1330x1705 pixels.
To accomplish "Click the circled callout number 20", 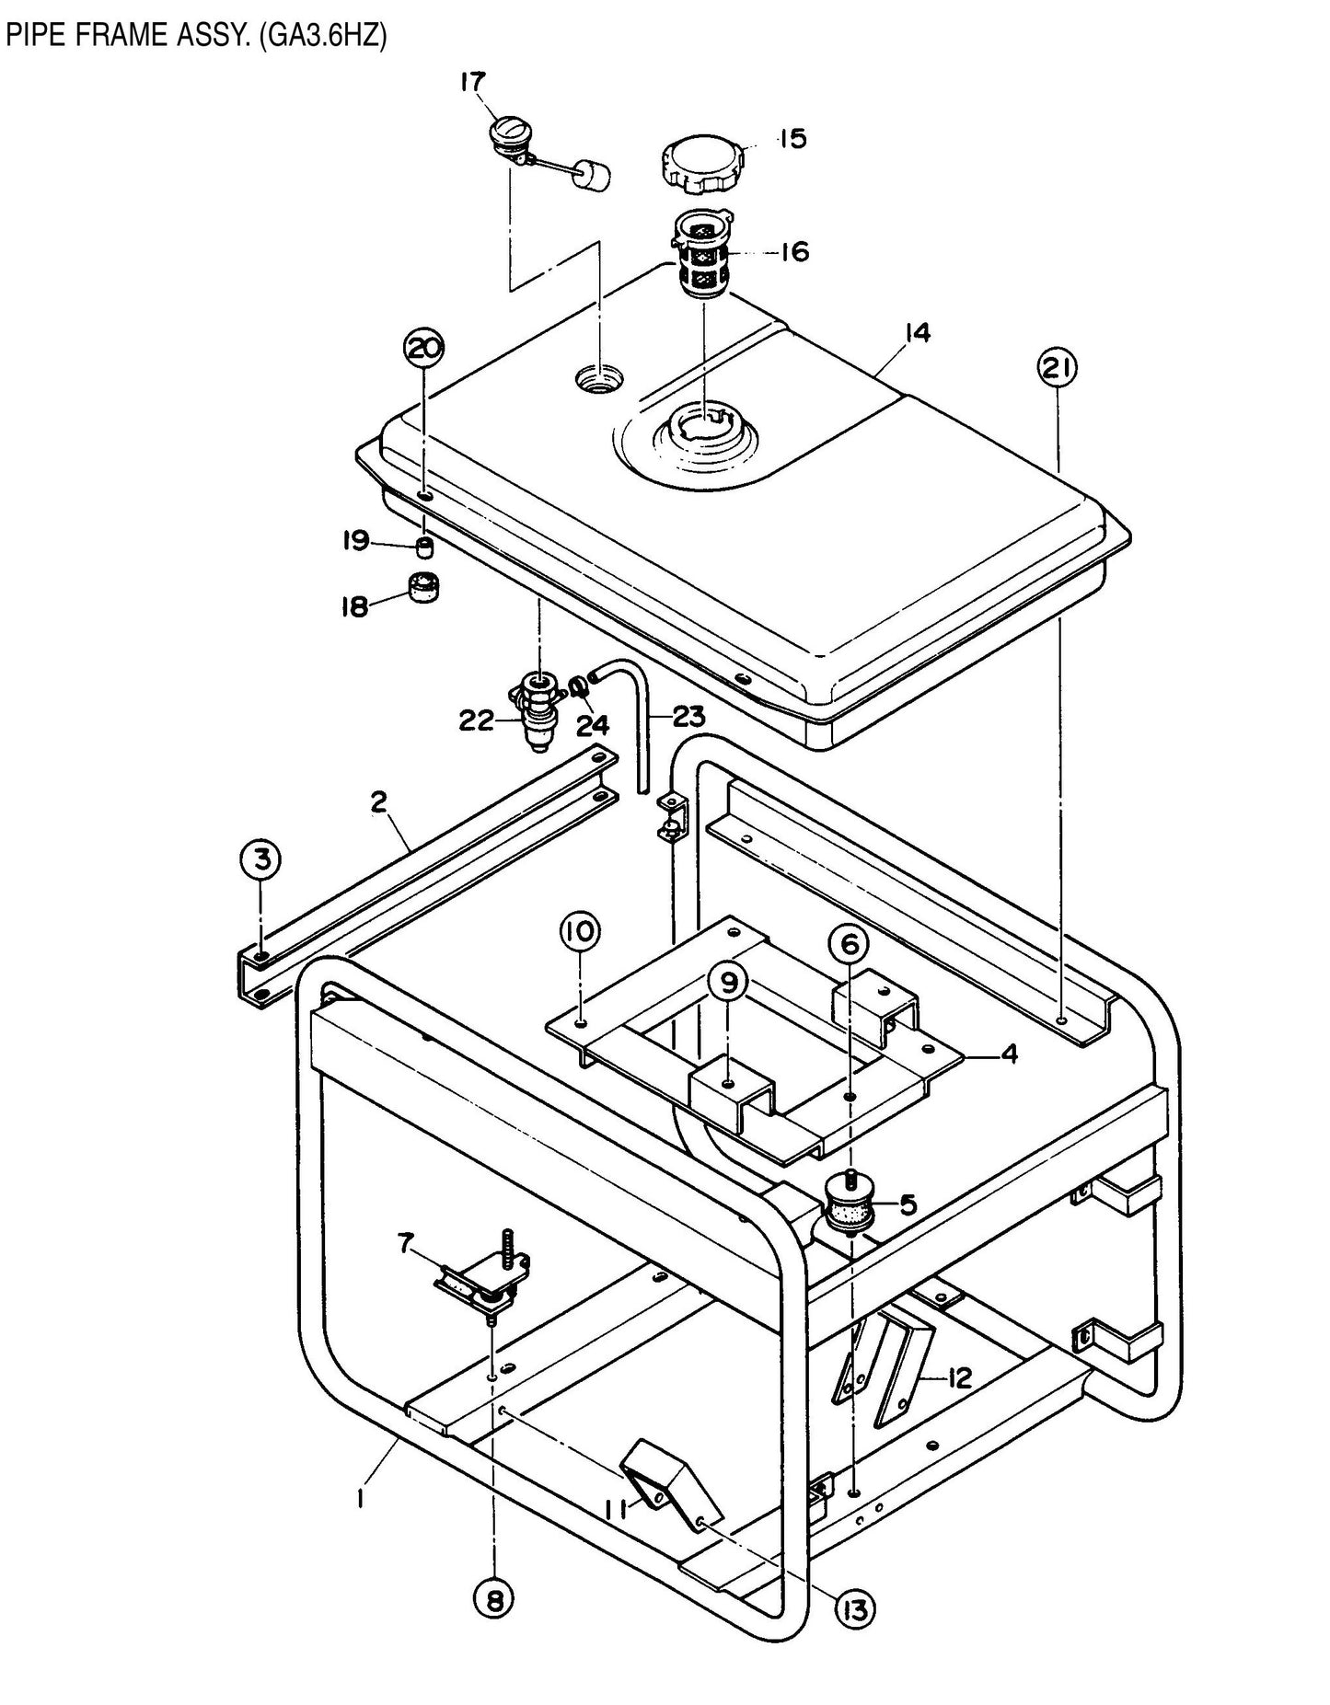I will point(424,349).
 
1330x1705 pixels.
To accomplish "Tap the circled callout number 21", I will point(1058,368).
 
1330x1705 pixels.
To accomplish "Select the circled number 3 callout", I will point(262,859).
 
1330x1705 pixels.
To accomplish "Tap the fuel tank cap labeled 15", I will point(702,162).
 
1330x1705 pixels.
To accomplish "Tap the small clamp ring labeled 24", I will point(578,685).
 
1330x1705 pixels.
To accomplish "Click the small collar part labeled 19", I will point(423,548).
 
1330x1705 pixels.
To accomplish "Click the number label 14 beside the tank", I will point(917,332).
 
